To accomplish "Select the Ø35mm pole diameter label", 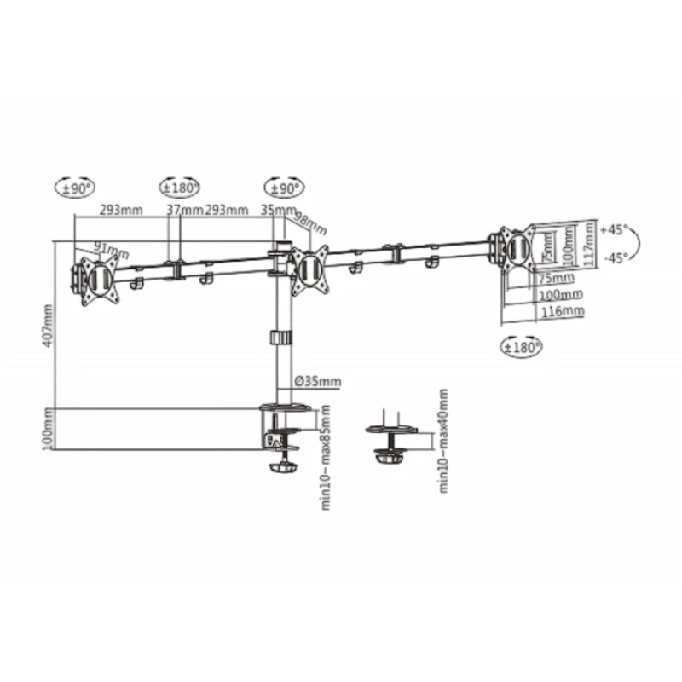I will tap(316, 381).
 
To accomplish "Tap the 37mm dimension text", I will tap(183, 210).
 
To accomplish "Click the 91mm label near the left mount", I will tap(111, 250).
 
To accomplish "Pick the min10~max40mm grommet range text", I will tap(443, 441).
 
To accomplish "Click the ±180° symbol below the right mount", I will tap(520, 347).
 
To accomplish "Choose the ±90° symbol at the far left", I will tap(77, 188).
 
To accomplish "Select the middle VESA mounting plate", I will tap(310, 269).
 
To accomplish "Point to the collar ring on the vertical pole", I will tap(279, 338).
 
